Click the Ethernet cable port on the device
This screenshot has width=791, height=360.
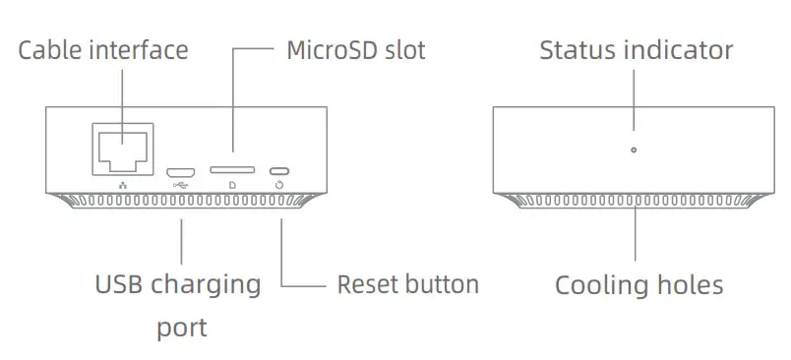point(122,146)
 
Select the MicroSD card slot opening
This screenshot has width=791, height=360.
point(231,169)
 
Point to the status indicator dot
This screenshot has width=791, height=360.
point(633,150)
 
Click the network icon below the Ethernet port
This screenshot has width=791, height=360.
point(123,184)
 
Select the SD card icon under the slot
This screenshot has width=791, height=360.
point(231,184)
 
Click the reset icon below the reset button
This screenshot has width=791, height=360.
point(282,184)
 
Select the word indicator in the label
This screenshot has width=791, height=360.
point(679,50)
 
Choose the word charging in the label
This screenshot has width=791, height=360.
point(207,287)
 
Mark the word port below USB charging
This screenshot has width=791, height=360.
point(182,328)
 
